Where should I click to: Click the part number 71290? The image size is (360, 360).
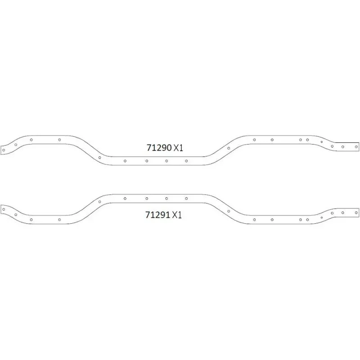(x=159, y=148)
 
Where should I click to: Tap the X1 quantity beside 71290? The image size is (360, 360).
(x=178, y=148)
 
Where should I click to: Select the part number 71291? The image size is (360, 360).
(x=158, y=215)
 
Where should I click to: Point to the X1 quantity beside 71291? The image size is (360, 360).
(x=177, y=215)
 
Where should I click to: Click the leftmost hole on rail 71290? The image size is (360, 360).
(x=4, y=150)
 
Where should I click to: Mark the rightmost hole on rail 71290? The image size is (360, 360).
(x=356, y=147)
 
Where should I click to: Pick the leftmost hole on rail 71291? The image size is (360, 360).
(x=4, y=209)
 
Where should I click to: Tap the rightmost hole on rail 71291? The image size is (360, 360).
(x=356, y=213)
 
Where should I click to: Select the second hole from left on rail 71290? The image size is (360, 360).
(x=16, y=144)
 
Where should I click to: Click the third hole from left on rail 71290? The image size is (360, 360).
(x=31, y=140)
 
